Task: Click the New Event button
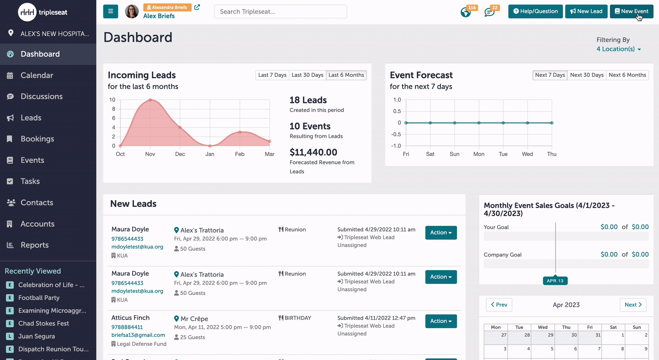[x=631, y=11]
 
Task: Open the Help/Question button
[x=535, y=11]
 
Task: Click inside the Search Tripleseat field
[x=280, y=12]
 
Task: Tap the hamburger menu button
[x=111, y=11]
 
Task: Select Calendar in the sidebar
[x=37, y=75]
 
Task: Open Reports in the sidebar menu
[x=34, y=245]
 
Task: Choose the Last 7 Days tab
[x=272, y=75]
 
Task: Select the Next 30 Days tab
[x=587, y=75]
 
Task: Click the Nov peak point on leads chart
[x=150, y=100]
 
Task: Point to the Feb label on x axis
[x=240, y=154]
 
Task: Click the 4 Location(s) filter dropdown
[x=619, y=49]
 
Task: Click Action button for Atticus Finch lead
[x=441, y=321]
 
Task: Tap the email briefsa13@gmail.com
[x=138, y=335]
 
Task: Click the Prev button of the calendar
[x=499, y=305]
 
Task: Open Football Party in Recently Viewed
[x=39, y=298]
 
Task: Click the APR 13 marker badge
[x=555, y=281]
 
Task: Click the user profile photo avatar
[x=132, y=11]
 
